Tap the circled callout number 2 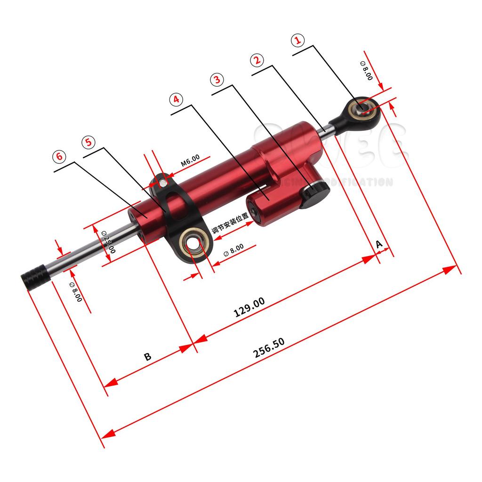[x=257, y=60]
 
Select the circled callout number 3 [x=217, y=80]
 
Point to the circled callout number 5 [x=88, y=142]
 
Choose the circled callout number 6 [x=59, y=157]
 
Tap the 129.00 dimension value [x=249, y=307]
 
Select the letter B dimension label [x=147, y=356]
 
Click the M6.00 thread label [x=191, y=161]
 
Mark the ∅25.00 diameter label [x=108, y=241]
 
